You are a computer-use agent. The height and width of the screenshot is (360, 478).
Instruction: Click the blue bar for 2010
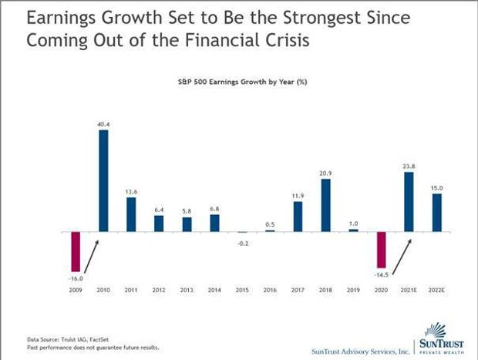103,180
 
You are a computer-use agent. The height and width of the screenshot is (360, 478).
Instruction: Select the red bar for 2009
76,251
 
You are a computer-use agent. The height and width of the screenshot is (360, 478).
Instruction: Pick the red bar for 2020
381,250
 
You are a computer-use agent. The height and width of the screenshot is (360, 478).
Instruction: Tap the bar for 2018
325,205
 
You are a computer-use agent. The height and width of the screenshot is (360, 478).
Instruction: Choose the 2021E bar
409,202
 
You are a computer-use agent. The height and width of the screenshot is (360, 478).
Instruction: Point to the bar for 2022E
437,213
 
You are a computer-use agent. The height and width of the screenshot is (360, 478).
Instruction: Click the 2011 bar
131,214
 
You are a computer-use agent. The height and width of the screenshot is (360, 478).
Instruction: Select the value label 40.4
103,124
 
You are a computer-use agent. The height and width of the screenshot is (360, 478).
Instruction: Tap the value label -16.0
76,278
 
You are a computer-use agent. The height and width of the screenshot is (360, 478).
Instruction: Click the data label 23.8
409,167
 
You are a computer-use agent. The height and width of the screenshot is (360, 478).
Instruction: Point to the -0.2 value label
243,244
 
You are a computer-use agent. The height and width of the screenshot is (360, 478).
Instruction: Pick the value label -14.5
381,275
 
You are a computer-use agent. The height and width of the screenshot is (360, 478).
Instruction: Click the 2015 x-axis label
242,290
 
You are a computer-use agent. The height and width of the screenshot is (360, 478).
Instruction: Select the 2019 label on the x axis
353,290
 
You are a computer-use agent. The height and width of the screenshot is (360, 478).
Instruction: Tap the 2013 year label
187,290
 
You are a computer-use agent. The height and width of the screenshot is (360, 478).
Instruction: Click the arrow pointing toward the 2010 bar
92,257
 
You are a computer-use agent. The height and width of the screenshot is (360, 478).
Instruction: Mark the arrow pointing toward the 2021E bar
402,257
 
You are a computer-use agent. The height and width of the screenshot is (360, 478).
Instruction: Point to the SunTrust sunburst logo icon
436,330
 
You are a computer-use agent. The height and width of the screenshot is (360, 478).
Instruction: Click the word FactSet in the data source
99,340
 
